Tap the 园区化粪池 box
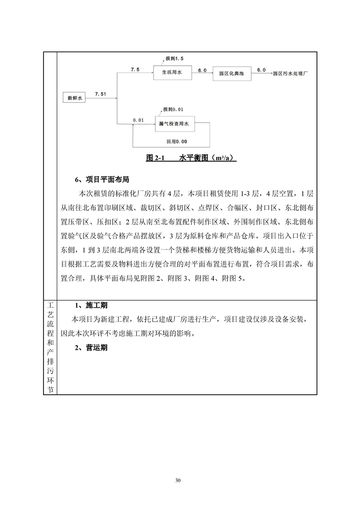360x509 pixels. pos(231,72)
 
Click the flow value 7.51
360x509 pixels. pos(101,93)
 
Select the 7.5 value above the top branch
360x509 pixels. pos(135,69)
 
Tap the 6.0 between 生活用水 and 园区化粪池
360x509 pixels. pos(202,69)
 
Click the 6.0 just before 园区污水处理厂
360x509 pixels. pos(261,69)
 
